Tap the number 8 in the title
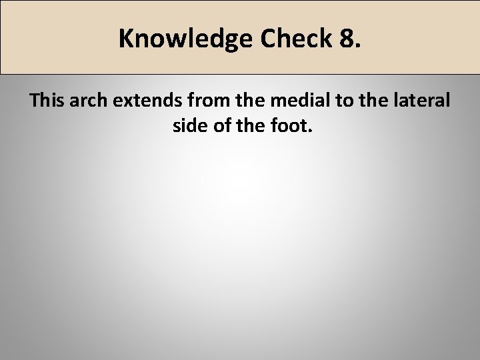coord(349,39)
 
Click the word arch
coord(88,101)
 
